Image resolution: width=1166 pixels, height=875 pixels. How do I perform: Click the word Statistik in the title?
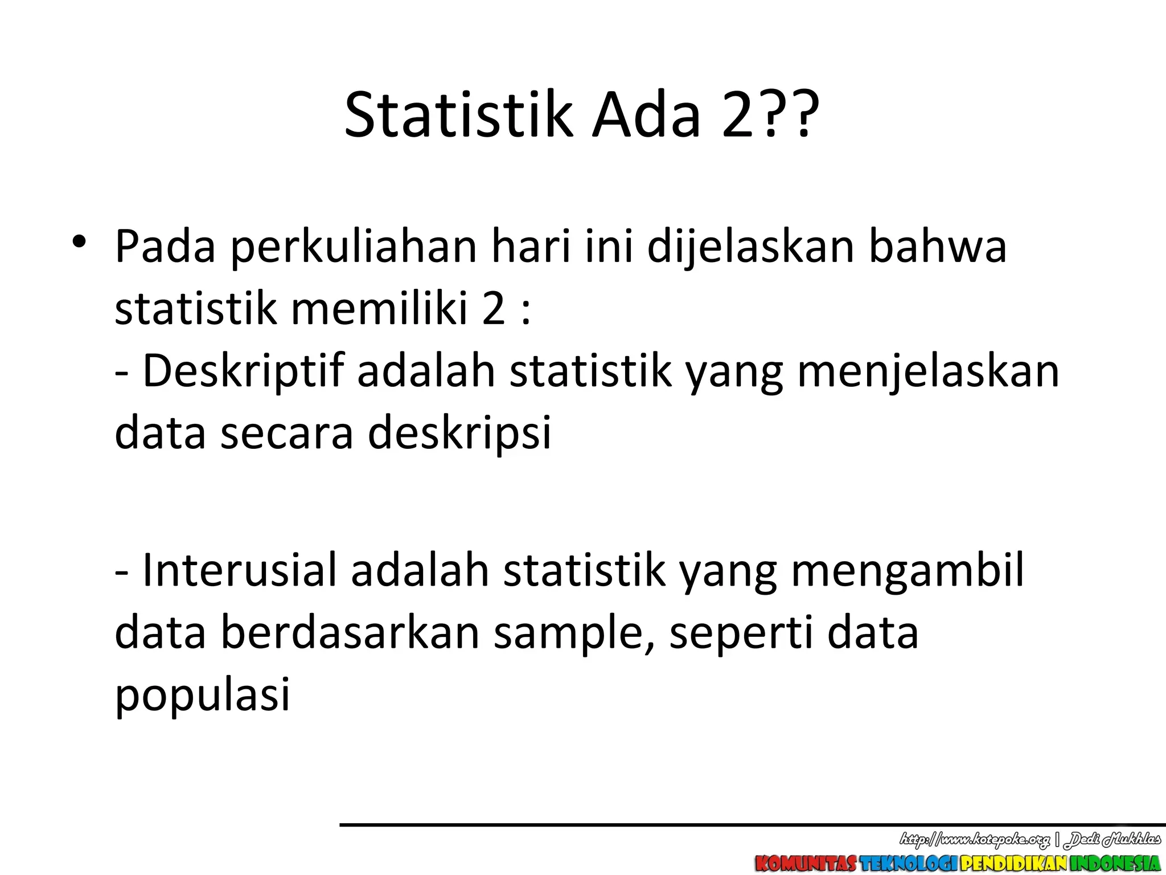click(458, 116)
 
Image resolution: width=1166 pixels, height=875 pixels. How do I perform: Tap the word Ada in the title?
click(646, 116)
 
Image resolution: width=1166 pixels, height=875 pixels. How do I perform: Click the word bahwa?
click(938, 246)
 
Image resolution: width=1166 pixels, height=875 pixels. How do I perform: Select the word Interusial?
click(239, 570)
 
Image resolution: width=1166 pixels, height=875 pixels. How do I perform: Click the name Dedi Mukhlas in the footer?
click(1113, 839)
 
